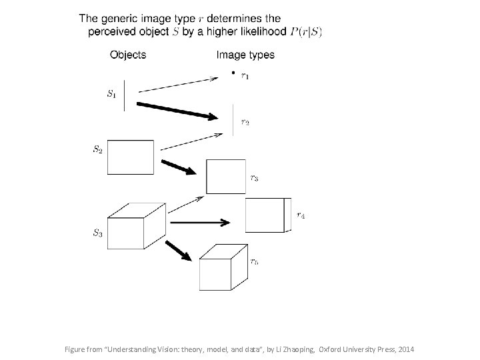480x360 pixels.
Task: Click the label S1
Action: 111,94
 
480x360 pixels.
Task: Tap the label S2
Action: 97,149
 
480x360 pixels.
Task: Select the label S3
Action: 97,233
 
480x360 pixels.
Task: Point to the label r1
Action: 245,76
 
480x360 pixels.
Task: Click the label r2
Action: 245,122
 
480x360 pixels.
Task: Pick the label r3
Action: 255,177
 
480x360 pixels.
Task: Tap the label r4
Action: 301,215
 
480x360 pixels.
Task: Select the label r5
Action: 255,261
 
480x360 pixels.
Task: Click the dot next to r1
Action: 232,72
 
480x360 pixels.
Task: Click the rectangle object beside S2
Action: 131,157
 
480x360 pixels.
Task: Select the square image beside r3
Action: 226,177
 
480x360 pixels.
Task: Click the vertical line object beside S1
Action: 125,95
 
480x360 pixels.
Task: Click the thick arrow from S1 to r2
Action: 177,110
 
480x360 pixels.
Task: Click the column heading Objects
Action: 128,55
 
